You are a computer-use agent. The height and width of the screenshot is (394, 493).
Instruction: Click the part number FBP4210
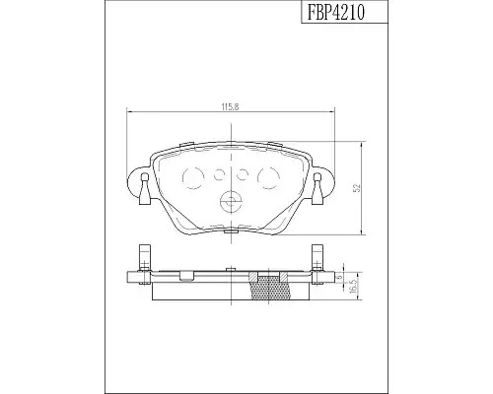(x=336, y=13)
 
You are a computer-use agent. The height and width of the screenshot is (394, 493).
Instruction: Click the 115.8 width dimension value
(x=230, y=106)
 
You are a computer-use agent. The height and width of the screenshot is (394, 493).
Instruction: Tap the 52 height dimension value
(x=357, y=188)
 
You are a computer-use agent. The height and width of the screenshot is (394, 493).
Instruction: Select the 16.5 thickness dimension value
(x=353, y=287)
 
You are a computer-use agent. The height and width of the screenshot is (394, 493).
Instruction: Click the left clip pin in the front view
(x=145, y=189)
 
